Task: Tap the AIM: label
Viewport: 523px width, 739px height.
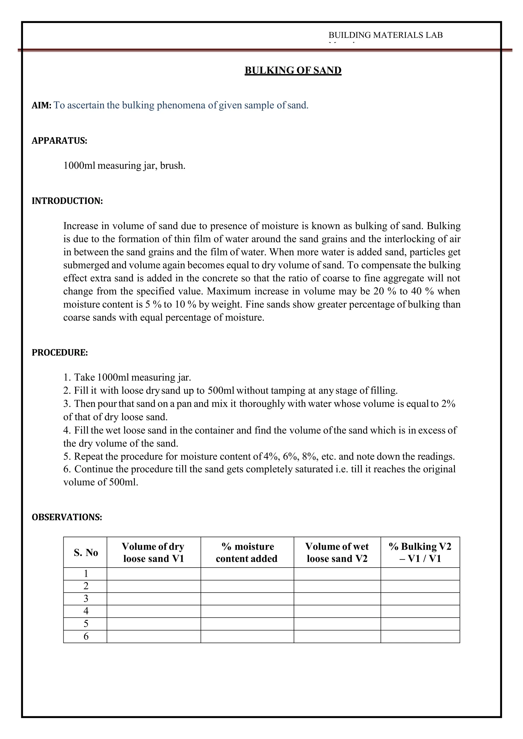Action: tap(42, 106)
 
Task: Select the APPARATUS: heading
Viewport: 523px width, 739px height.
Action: tap(59, 141)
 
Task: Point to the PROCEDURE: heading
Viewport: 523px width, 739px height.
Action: tap(60, 352)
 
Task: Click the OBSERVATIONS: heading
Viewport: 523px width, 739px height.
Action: tap(67, 517)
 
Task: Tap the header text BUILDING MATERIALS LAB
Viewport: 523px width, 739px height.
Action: tap(386, 35)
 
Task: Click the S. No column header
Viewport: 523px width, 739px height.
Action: tap(86, 553)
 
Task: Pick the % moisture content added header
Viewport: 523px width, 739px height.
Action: tap(247, 553)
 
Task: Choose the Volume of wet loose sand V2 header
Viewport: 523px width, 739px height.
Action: tap(337, 553)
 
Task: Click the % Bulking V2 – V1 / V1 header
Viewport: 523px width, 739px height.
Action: tap(420, 553)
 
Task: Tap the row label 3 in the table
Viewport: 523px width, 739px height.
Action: tap(86, 599)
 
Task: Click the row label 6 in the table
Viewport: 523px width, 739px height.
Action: tap(86, 637)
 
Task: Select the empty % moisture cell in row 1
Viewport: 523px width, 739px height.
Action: tap(247, 574)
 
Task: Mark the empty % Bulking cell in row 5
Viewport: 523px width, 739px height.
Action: tap(420, 624)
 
